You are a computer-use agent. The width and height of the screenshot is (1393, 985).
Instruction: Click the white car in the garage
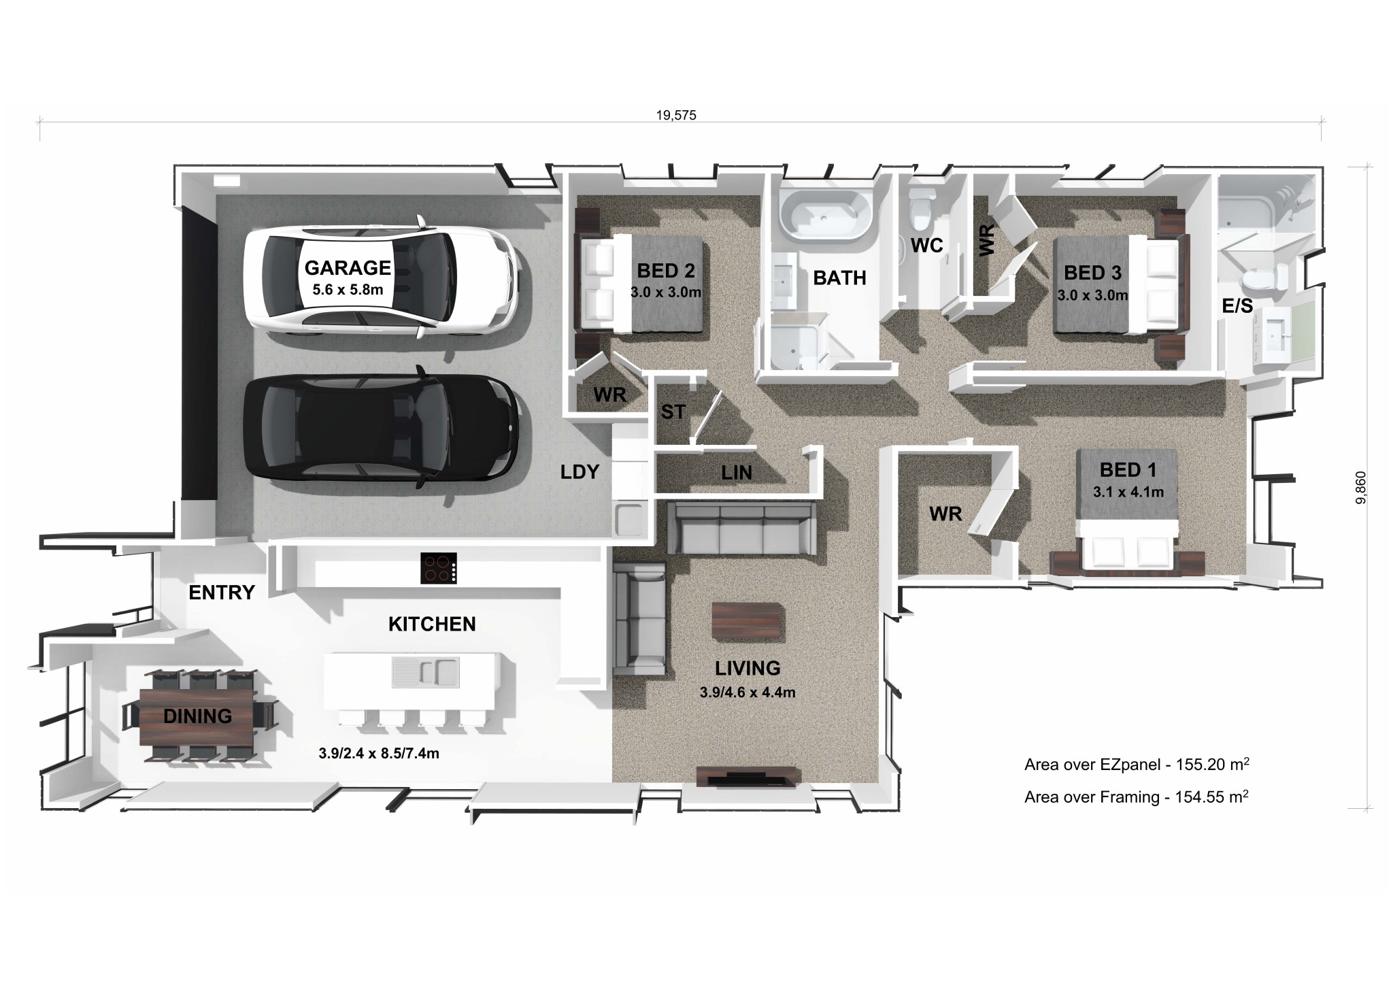(381, 278)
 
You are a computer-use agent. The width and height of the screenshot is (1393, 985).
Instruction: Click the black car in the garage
(381, 427)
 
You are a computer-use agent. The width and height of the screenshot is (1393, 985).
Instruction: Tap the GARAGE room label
(348, 267)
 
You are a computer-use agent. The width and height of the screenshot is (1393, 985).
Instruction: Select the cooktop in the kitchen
(439, 569)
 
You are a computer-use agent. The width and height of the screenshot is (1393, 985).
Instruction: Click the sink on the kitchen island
(425, 672)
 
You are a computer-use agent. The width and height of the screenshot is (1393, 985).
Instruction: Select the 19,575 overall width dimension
(676, 116)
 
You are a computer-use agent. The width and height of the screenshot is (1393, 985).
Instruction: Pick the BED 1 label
(1128, 470)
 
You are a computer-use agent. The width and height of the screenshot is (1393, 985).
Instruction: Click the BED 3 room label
(1092, 273)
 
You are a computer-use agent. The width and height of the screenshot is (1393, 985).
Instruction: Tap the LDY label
(580, 471)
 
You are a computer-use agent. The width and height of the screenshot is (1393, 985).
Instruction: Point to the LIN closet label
(737, 473)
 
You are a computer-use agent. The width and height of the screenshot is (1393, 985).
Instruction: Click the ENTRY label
(222, 592)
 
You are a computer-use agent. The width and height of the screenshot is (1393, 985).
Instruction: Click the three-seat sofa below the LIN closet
(741, 529)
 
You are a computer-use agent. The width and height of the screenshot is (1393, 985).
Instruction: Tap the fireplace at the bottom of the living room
(746, 777)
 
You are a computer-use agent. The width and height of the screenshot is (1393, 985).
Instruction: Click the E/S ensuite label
(1237, 306)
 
